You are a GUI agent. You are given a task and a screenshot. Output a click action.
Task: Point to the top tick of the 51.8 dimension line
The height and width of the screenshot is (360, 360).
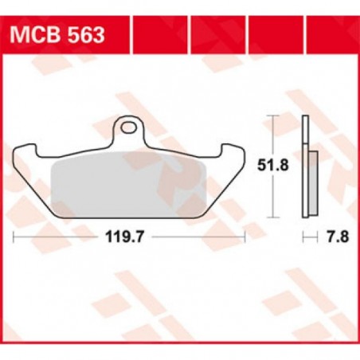point(275,116)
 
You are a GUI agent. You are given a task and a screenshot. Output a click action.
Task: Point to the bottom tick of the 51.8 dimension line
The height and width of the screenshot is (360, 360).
point(275,216)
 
